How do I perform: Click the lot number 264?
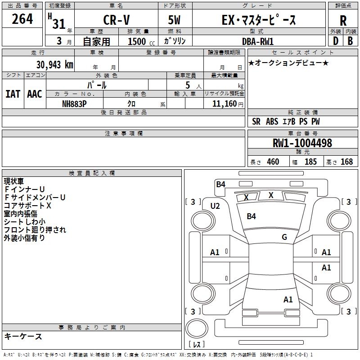[x=22, y=19]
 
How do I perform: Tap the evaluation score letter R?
[x=343, y=21]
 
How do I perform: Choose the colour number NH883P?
[x=74, y=103]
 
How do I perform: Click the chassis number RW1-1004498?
[x=302, y=143]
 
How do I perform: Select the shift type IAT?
[x=13, y=94]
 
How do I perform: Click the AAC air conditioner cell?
[x=35, y=94]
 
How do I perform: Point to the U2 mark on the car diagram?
[x=215, y=206]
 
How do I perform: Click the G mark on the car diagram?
[x=284, y=237]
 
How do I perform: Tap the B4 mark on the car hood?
[x=251, y=216]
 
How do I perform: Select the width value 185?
[x=310, y=162]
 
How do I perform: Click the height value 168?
[x=346, y=162]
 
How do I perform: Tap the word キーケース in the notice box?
[x=23, y=336]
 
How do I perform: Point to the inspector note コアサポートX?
[x=27, y=206]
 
